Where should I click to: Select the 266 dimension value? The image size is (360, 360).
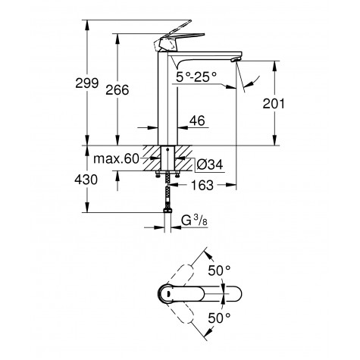point(117,90)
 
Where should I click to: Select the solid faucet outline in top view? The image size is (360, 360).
point(189,293)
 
